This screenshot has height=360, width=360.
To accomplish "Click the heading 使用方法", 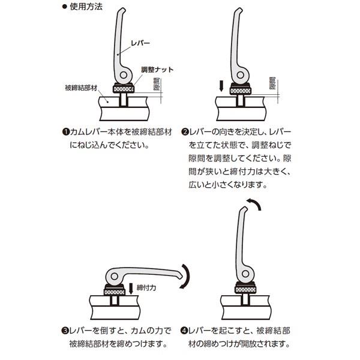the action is (86, 7).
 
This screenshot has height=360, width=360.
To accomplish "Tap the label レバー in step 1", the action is (140, 43).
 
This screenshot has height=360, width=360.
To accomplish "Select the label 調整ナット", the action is (157, 70).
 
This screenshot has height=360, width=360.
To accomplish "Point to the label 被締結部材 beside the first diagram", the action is (81, 88).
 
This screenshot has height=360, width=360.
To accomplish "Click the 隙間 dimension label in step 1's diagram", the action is (157, 84).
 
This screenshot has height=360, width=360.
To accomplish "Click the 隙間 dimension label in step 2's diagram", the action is (272, 83).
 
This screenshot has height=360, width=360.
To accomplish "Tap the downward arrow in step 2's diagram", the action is (221, 86).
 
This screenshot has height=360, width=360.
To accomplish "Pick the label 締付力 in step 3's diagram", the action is (146, 287).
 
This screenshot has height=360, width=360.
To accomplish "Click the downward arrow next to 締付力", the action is (131, 289).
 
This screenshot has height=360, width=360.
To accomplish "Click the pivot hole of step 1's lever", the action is (124, 75).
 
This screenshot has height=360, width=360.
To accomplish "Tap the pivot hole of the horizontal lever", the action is (114, 276).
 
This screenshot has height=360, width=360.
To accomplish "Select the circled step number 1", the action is (66, 132).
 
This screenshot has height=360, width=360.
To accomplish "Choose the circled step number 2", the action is (185, 132).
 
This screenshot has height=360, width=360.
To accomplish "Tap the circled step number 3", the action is (65, 331).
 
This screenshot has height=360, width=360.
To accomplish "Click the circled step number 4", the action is (184, 331).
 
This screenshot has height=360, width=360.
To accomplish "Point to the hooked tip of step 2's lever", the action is (240, 10).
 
